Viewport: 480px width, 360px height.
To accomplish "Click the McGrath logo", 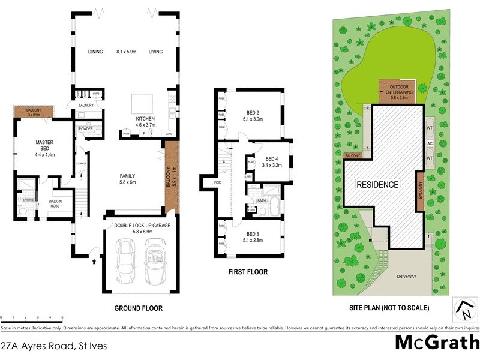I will pyautogui.click(x=437, y=343).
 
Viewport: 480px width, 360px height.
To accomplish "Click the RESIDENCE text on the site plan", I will pyautogui.click(x=378, y=184).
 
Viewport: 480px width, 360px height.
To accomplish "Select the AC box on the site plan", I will pyautogui.click(x=429, y=143).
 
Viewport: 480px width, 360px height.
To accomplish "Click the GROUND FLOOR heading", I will pyautogui.click(x=139, y=308).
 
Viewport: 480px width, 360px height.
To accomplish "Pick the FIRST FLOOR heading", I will pyautogui.click(x=248, y=272).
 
